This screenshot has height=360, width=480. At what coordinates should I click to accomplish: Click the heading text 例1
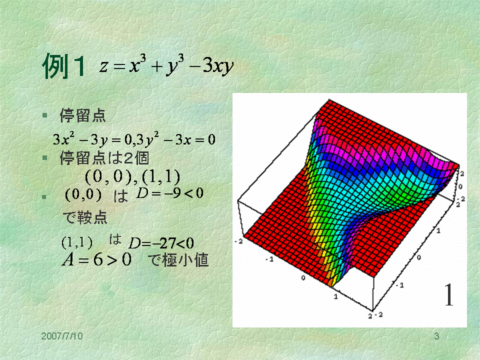click(x=63, y=66)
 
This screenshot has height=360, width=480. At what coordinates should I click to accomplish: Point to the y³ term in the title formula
click(x=175, y=65)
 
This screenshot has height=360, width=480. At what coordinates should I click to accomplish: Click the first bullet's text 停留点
click(x=82, y=115)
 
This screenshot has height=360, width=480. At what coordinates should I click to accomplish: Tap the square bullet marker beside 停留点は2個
click(x=45, y=158)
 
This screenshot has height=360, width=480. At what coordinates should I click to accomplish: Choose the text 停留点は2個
click(x=104, y=158)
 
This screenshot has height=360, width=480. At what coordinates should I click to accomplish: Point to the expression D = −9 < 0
click(x=170, y=193)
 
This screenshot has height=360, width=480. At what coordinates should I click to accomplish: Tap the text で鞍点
click(x=85, y=217)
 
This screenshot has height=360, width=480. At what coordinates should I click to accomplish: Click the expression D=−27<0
click(x=161, y=243)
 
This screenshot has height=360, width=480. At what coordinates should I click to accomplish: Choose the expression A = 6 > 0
click(x=96, y=260)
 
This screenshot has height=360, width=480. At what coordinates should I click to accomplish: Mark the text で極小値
click(x=178, y=260)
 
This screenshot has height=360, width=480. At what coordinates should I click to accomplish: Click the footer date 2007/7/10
click(x=62, y=336)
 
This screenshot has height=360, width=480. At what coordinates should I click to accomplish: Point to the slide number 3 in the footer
click(x=436, y=336)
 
